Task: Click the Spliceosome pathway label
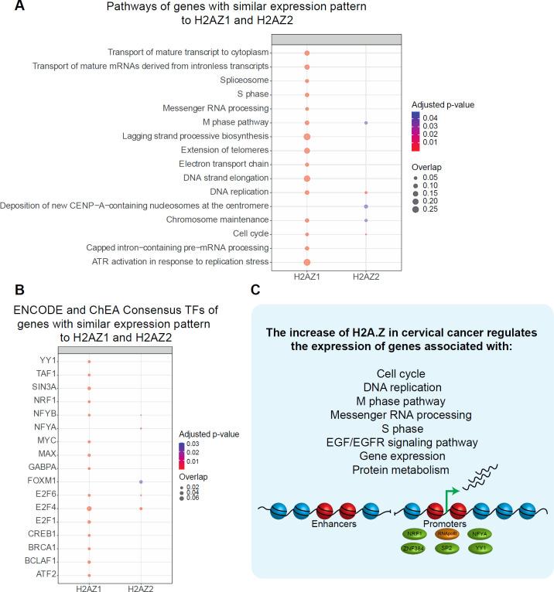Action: (248, 80)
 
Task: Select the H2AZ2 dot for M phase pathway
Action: (365, 123)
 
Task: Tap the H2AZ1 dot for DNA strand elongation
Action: (307, 179)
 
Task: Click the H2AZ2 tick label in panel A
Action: (365, 277)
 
